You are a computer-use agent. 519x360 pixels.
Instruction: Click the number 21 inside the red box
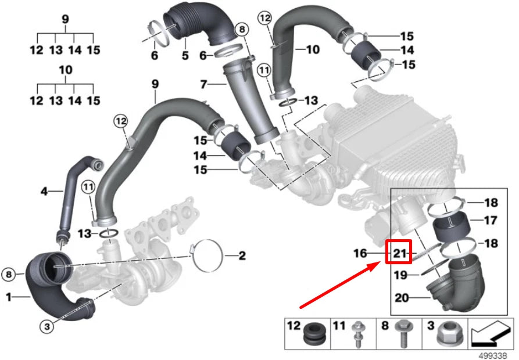398,253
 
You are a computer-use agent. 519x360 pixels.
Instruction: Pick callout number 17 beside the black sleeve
491,220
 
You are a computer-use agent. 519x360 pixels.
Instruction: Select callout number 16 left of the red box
360,253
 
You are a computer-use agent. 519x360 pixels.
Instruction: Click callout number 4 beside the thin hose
44,190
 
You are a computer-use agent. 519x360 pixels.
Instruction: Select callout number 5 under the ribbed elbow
185,56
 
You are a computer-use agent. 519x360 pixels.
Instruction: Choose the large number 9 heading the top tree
65,19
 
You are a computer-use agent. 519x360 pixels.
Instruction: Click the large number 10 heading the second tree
65,70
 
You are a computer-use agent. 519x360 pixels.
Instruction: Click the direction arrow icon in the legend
492,334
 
